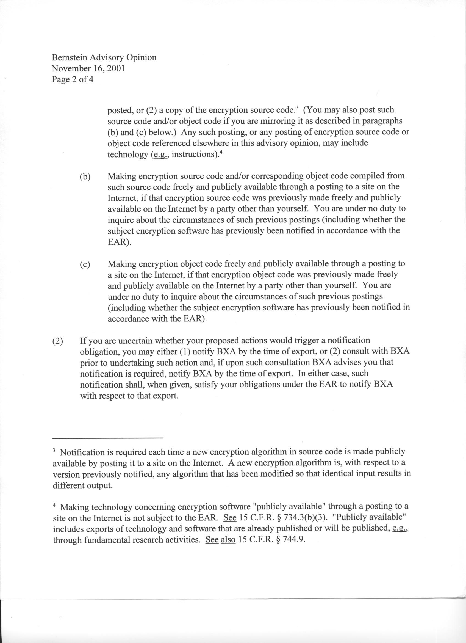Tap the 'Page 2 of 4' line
coord(73,79)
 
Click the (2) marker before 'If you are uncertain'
coord(57,341)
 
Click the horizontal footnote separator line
coord(108,438)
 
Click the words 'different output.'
coord(83,485)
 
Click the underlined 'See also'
coord(220,540)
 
